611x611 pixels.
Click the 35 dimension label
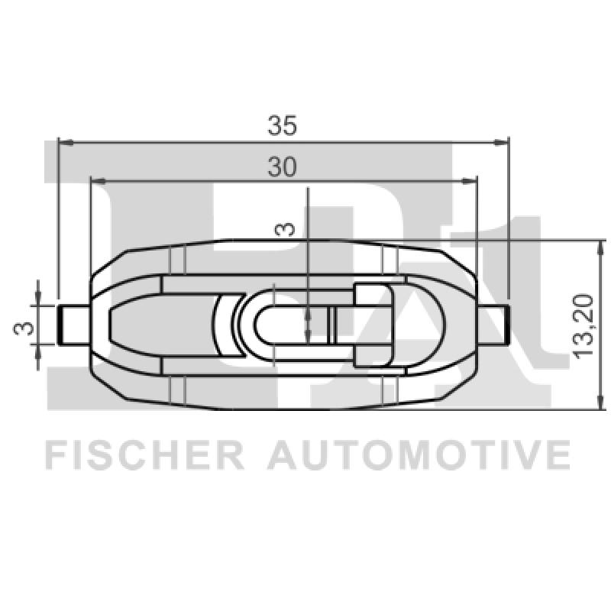point(282,125)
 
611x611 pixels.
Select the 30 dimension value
point(282,166)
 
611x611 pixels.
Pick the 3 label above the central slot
point(285,229)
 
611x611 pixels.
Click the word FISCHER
point(145,454)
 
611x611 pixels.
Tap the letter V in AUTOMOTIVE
point(525,454)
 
